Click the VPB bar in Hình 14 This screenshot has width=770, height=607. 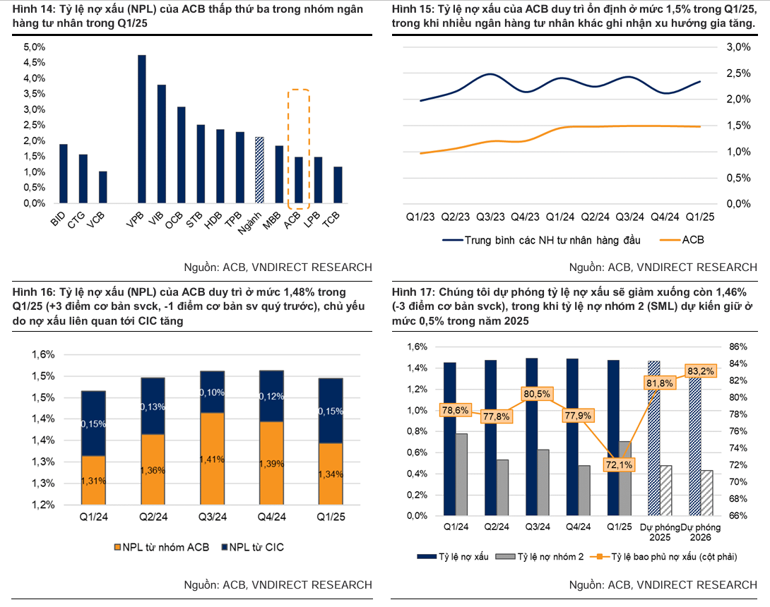(x=142, y=129)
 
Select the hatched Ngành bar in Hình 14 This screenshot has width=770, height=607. (x=259, y=170)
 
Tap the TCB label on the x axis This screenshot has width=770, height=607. (x=330, y=222)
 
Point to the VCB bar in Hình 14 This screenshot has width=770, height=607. (x=103, y=187)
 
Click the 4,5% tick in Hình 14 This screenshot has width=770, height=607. (x=35, y=62)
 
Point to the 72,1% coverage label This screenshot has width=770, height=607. (x=620, y=464)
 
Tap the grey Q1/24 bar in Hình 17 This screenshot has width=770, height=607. (x=461, y=474)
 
